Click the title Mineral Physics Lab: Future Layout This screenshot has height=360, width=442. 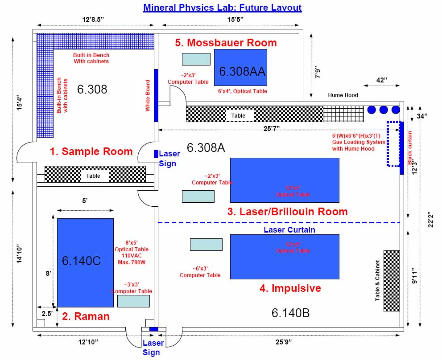tap(222, 8)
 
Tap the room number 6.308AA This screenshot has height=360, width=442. tap(242, 71)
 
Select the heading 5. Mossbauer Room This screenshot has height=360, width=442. tap(226, 43)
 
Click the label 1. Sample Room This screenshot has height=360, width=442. tap(91, 151)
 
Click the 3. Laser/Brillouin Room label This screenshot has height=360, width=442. tap(287, 211)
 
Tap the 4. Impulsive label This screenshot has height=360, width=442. tap(290, 288)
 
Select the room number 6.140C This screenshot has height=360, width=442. tap(81, 261)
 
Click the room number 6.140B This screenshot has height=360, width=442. tap(290, 313)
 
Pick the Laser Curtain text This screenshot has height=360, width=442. tap(289, 230)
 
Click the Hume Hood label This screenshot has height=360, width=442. tap(343, 95)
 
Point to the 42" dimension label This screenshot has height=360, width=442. tap(381, 80)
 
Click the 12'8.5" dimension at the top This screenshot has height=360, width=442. tap(96, 20)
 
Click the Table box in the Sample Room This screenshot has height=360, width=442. tap(93, 176)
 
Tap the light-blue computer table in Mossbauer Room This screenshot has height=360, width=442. tap(196, 59)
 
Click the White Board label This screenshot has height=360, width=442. tap(148, 95)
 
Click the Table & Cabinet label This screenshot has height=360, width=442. tap(378, 280)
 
